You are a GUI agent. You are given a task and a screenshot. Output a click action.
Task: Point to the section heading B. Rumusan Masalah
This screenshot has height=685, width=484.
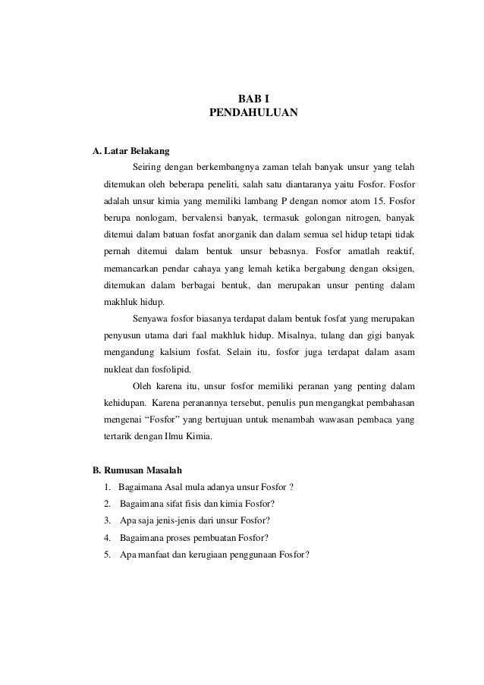click(x=137, y=470)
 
